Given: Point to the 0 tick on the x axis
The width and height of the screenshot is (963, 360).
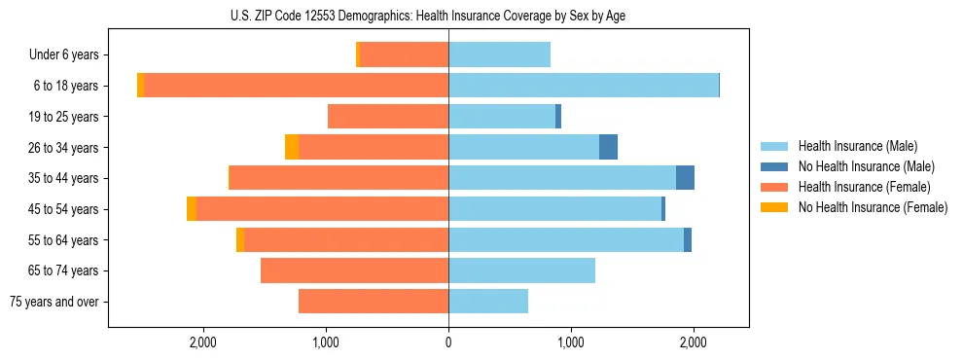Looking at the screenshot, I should coord(448,342).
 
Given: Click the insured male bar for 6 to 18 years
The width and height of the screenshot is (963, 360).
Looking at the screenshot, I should coord(584,86).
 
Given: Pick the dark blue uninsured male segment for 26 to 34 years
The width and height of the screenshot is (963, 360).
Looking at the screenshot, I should coord(608,147).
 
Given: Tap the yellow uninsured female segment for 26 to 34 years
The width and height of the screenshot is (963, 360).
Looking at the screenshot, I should coord(292,147).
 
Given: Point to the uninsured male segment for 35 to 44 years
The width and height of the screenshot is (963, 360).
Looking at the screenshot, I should coord(685,178).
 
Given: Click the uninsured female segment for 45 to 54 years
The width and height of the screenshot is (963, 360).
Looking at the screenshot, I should coord(192,209).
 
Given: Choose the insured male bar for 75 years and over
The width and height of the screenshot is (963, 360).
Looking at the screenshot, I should coord(488,302).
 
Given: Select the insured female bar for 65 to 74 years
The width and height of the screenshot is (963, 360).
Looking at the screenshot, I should coord(354,270).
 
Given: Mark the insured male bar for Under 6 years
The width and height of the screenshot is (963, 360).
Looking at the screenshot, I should coord(499,55).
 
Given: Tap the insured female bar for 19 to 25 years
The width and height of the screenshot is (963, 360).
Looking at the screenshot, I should coord(388,117).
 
